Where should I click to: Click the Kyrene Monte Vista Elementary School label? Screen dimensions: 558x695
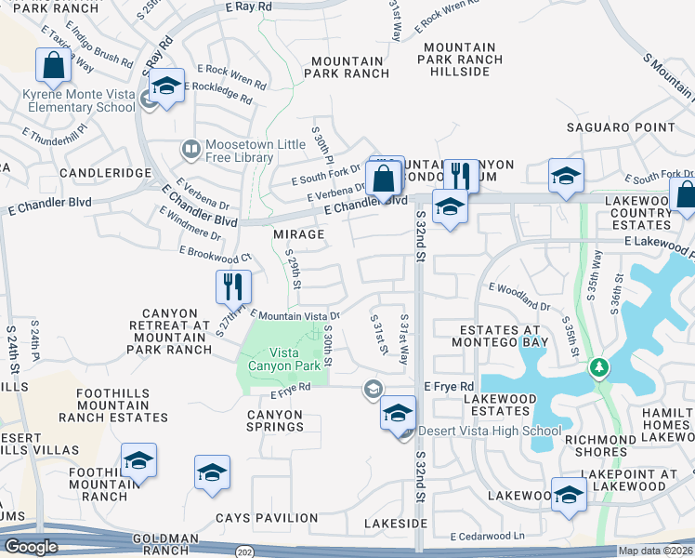coord(81,100)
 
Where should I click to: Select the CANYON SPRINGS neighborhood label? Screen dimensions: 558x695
coord(275,419)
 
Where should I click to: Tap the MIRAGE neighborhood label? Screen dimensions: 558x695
coord(299,234)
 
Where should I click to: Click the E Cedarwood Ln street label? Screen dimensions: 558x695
coord(488,537)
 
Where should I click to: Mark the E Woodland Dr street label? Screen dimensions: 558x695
coord(518,298)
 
